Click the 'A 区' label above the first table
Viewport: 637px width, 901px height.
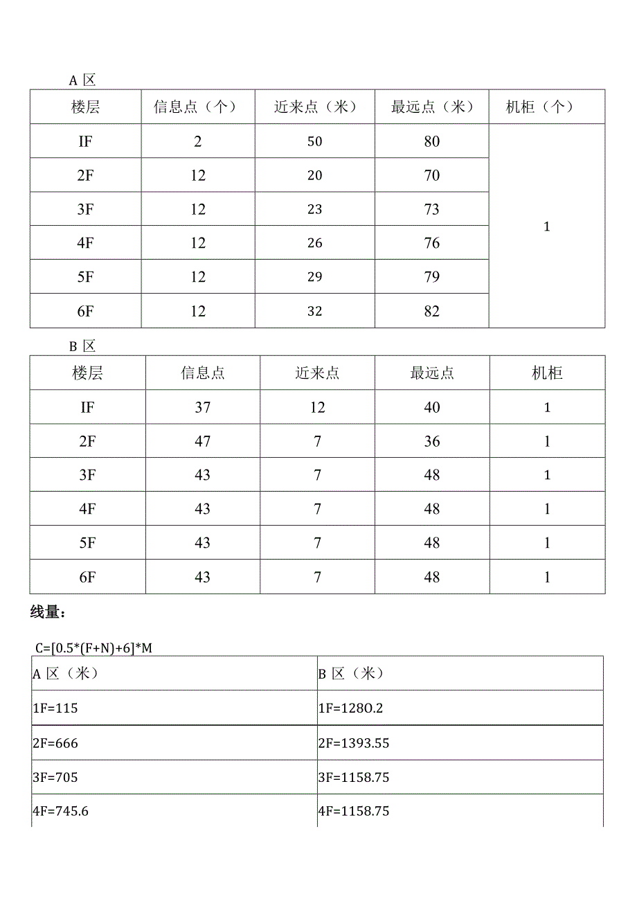pyautogui.click(x=82, y=80)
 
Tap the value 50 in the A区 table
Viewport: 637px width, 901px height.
pyautogui.click(x=315, y=141)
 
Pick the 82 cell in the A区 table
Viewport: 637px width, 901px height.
pyautogui.click(x=431, y=311)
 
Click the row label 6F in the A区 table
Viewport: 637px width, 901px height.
pyautogui.click(x=85, y=311)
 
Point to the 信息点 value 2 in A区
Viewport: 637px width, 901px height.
pyautogui.click(x=198, y=141)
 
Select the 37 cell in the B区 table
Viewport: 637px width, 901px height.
pyautogui.click(x=202, y=407)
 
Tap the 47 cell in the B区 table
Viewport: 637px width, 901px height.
pyautogui.click(x=202, y=441)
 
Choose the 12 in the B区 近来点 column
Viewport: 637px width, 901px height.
pyautogui.click(x=317, y=407)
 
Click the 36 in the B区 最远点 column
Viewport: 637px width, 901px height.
pyautogui.click(x=431, y=441)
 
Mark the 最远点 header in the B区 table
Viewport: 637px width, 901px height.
pyautogui.click(x=431, y=373)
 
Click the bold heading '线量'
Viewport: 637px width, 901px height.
pyautogui.click(x=48, y=612)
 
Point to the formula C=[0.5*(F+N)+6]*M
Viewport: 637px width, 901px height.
pyautogui.click(x=93, y=648)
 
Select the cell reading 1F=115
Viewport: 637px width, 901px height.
pyautogui.click(x=55, y=708)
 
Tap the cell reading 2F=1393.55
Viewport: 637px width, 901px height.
pyautogui.click(x=354, y=743)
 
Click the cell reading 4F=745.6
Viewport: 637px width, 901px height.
pyautogui.click(x=60, y=812)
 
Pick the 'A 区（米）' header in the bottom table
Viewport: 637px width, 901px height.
pyautogui.click(x=66, y=674)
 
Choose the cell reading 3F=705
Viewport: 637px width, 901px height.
pyautogui.click(x=55, y=777)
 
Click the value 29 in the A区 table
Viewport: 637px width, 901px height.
pyautogui.click(x=315, y=277)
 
